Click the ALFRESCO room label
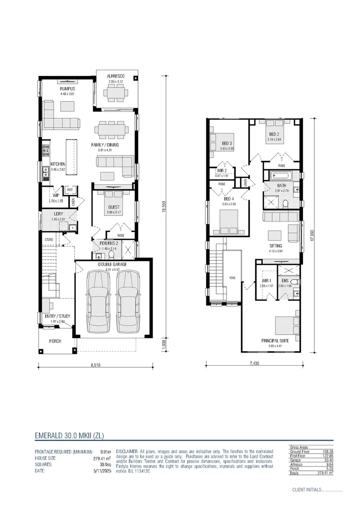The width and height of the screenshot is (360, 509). coord(115,76)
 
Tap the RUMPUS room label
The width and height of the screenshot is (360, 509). coord(67,89)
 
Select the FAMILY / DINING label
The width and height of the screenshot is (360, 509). coord(105,145)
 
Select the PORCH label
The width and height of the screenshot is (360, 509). coord(56,341)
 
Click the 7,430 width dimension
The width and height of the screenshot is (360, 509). coord(253,364)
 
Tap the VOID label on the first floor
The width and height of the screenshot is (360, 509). coord(232,278)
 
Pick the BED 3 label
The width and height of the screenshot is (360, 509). coord(227,143)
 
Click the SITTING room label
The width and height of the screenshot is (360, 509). coord(276,246)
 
